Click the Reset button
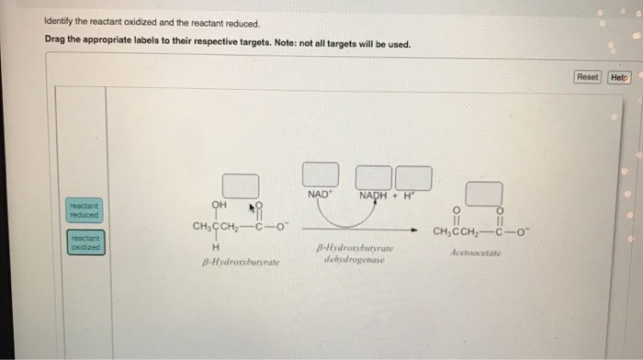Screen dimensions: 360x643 pyautogui.click(x=588, y=77)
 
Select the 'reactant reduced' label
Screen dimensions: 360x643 pyautogui.click(x=84, y=209)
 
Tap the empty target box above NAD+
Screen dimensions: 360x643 pyautogui.click(x=321, y=176)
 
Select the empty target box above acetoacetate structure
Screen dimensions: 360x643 pyautogui.click(x=483, y=194)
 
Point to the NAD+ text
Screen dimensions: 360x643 pyautogui.click(x=320, y=196)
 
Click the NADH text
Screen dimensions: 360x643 pyautogui.click(x=372, y=196)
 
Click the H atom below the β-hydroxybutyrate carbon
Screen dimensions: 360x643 pyautogui.click(x=215, y=247)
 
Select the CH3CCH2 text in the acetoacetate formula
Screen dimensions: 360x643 pyautogui.click(x=457, y=231)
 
